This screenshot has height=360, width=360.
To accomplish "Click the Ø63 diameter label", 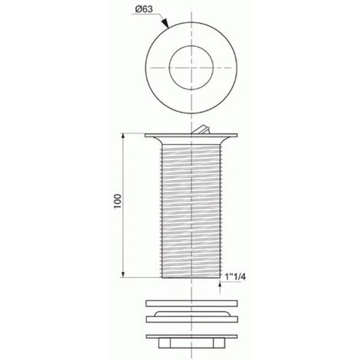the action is point(144,9).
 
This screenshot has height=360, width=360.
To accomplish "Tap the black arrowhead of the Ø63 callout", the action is point(165,24).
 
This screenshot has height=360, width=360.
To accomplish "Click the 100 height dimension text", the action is point(118,201).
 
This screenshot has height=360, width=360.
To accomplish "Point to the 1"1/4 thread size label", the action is point(235,277).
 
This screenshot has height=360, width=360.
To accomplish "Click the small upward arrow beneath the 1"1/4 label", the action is point(220,287).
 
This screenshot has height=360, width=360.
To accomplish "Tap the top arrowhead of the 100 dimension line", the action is point(123,136).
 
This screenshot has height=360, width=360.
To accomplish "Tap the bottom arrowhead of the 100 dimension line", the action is point(123,274).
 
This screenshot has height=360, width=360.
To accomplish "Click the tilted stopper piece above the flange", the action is point(201,129).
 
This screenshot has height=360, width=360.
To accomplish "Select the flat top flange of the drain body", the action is point(191,135).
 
